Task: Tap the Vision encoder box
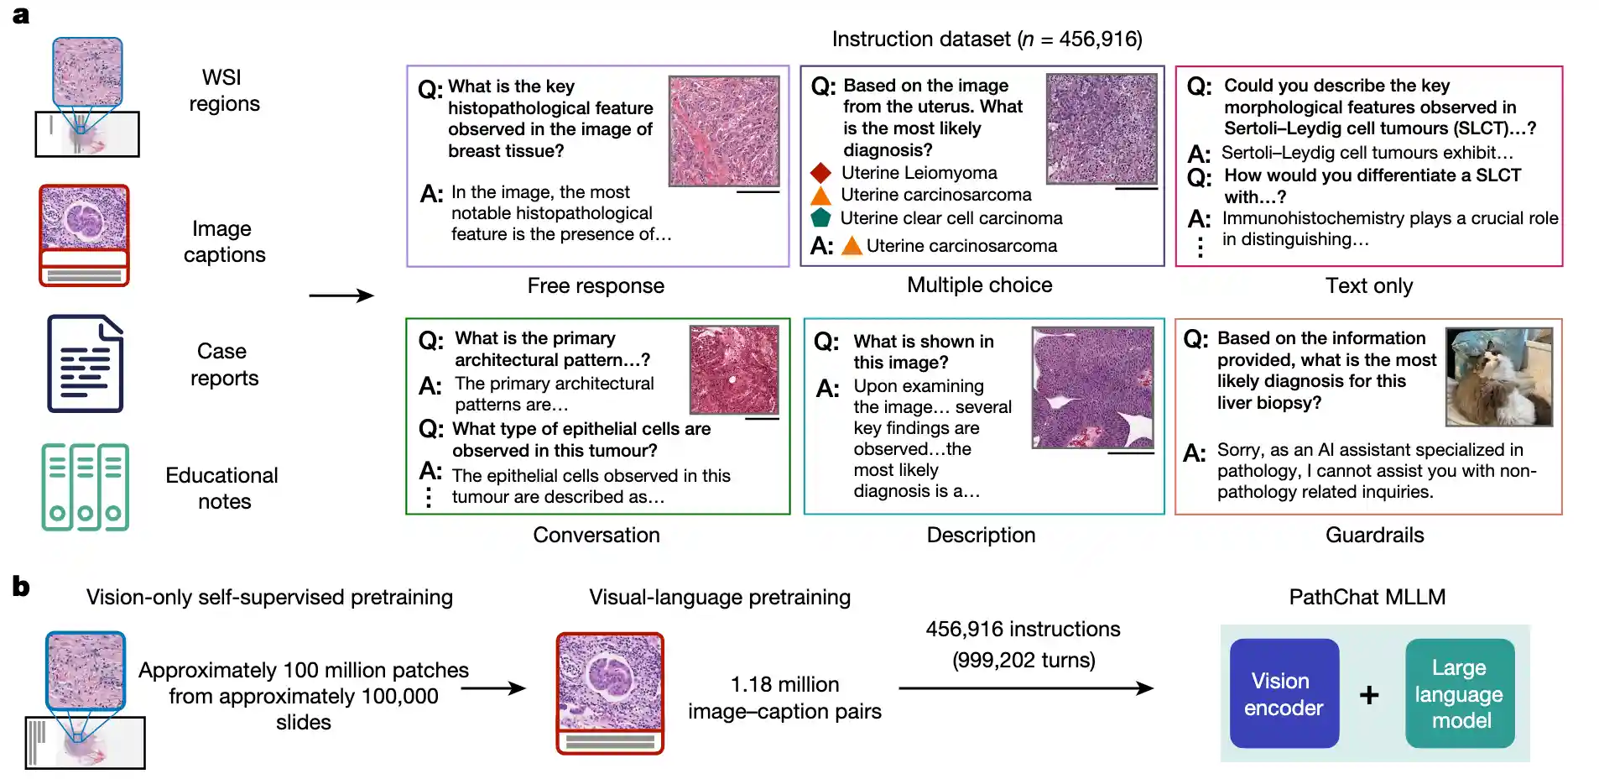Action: [x=1284, y=693]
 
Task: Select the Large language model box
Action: [x=1460, y=693]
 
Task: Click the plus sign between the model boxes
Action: [x=1369, y=695]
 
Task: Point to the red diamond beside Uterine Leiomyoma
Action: [x=820, y=173]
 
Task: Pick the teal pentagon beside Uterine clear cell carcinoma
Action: [x=820, y=217]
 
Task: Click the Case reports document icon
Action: [x=86, y=363]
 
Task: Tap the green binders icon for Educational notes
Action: [x=86, y=487]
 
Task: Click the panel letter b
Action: [x=21, y=587]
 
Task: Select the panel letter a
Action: [x=21, y=15]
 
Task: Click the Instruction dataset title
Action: [x=987, y=39]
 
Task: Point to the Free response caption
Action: [x=596, y=286]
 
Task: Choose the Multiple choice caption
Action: [x=979, y=285]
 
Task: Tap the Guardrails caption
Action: [x=1374, y=536]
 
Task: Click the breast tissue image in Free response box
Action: [x=724, y=131]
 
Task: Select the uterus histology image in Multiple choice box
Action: [x=1102, y=128]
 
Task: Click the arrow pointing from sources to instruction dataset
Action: [x=341, y=295]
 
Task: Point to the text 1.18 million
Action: [x=784, y=685]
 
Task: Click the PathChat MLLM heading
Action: [x=1367, y=598]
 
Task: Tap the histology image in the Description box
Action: [x=1092, y=388]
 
